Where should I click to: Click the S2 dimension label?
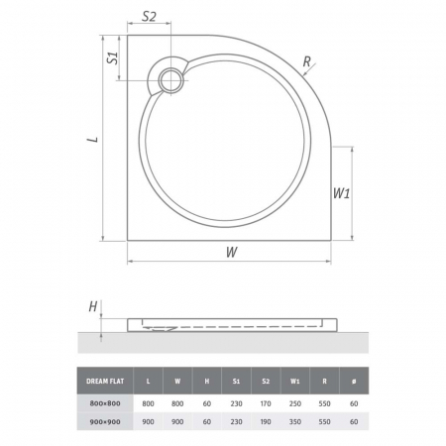pos(149,16)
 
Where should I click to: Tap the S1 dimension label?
pos(113,58)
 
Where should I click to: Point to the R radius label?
pos(307,61)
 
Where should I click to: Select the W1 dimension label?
pos(341,193)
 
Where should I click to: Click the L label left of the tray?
pos(93,140)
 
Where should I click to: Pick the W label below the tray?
pos(232,252)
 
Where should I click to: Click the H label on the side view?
pos(93,307)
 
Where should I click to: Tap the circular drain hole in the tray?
pos(170,80)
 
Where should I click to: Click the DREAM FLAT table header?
pos(105,381)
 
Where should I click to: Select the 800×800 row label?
pos(105,403)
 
